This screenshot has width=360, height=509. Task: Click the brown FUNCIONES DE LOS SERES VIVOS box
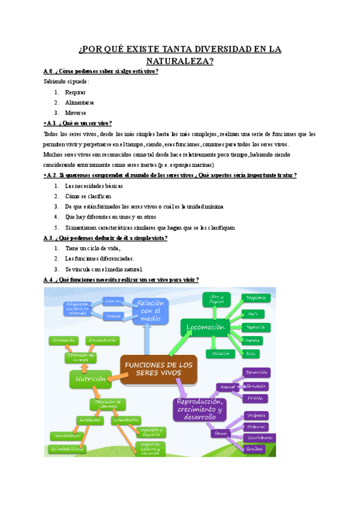pyautogui.click(x=158, y=369)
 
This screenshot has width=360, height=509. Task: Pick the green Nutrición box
pyautogui.click(x=91, y=379)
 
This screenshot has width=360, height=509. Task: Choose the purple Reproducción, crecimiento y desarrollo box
pyautogui.click(x=199, y=409)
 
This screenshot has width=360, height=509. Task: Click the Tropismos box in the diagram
pyautogui.click(x=256, y=298)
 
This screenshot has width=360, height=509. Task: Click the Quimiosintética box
pyautogui.click(x=67, y=448)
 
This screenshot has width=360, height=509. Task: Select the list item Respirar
pyautogui.click(x=75, y=92)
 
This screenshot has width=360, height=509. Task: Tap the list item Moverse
pyautogui.click(x=76, y=112)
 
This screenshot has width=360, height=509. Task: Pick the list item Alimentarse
pyautogui.click(x=79, y=103)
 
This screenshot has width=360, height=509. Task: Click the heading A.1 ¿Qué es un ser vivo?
pyautogui.click(x=78, y=123)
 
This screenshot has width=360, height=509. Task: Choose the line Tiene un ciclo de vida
pyautogui.click(x=92, y=248)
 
